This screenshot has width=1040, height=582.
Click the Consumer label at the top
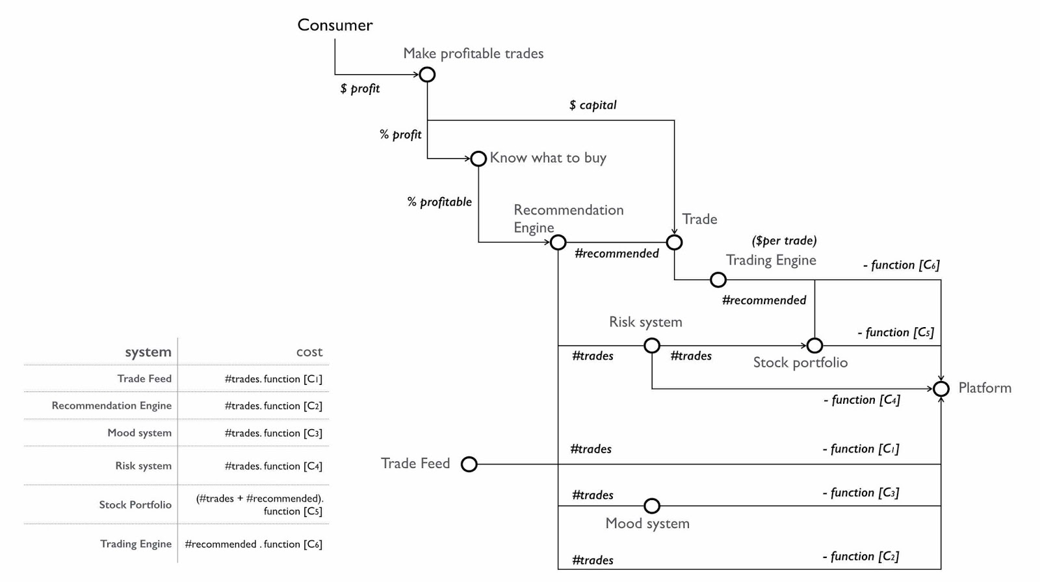335,25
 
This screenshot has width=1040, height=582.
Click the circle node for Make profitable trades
427,75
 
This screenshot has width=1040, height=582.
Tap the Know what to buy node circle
478,159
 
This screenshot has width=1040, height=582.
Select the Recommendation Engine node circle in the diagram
558,243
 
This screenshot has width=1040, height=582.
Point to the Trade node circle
675,243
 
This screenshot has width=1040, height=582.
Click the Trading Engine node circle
718,280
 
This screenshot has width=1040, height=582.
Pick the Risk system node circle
652,346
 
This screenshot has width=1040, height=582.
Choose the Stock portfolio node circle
814,346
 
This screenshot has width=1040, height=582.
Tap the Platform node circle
941,389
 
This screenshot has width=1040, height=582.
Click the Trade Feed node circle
469,464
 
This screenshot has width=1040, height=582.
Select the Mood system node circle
652,506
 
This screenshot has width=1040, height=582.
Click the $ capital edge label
593,105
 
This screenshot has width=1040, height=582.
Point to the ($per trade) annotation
784,241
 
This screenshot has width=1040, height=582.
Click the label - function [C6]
901,265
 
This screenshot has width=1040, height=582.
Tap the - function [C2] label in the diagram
861,557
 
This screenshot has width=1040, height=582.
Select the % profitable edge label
439,202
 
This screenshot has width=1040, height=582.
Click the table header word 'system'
148,352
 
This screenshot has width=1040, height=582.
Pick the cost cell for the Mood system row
273,433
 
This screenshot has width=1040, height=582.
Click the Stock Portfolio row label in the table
135,505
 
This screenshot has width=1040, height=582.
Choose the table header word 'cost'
309,352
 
